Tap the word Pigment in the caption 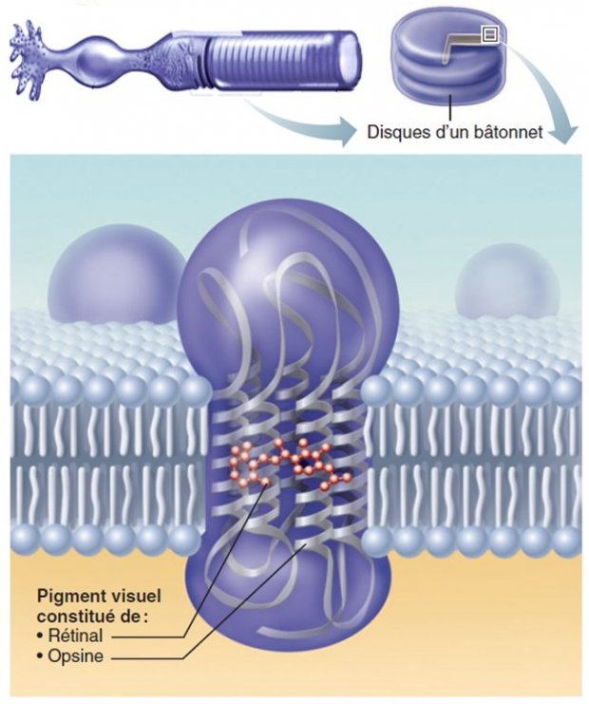[67, 597]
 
